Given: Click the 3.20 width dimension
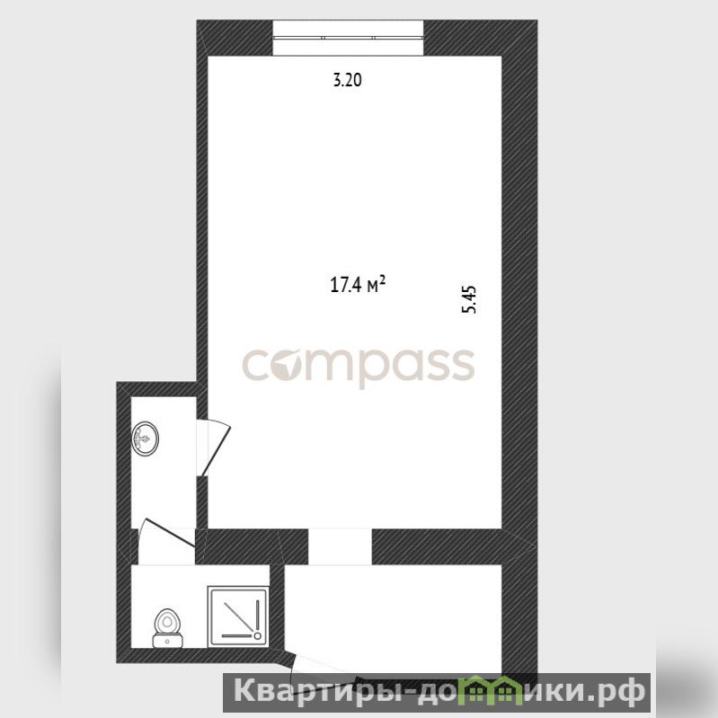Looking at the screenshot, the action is [x=347, y=80].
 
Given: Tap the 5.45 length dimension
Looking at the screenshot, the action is [x=469, y=299].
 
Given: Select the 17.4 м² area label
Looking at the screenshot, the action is [x=358, y=284].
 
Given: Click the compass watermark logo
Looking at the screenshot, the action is [x=358, y=367].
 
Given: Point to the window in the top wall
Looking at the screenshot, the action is [x=348, y=38].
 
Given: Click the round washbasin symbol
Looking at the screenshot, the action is [x=146, y=439].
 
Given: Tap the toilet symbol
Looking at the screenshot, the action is [x=168, y=628].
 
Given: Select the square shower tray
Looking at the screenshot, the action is [x=237, y=616].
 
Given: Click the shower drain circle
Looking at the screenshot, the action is [x=257, y=635].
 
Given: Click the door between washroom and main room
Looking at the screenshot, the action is [x=213, y=448].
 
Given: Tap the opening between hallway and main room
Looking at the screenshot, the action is [x=340, y=546].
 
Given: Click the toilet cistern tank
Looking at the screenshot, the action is [x=168, y=641].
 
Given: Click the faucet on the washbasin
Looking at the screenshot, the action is [x=141, y=439].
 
